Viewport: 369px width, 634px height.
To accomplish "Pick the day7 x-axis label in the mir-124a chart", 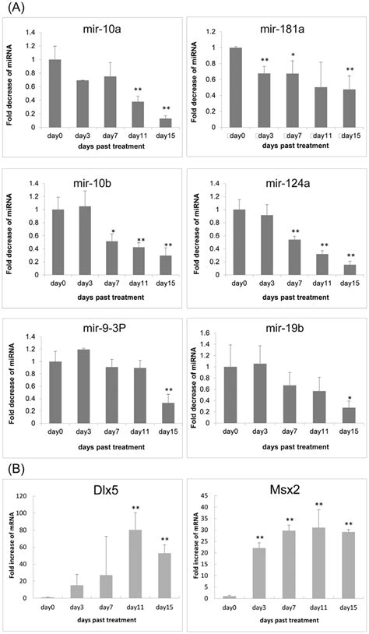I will pos(294,284).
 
